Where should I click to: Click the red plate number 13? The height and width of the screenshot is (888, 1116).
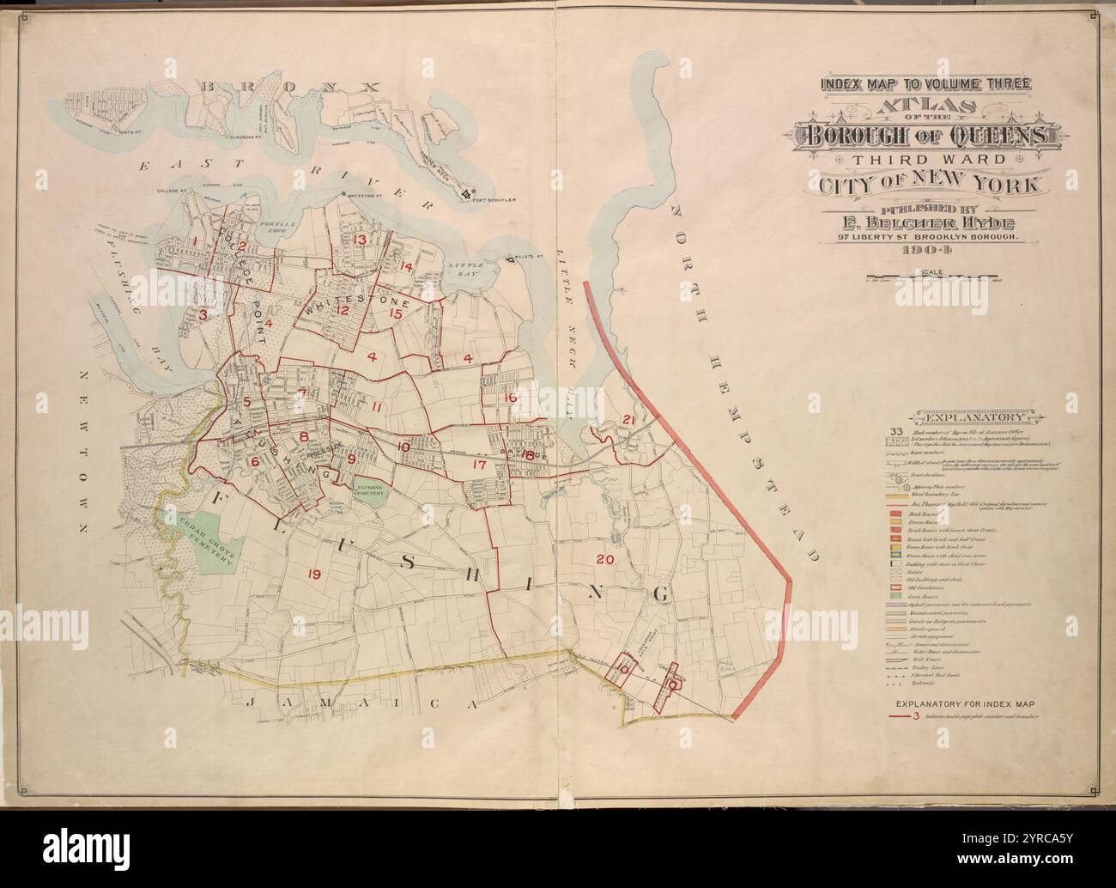(x=361, y=240)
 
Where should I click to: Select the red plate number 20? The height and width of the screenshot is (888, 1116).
(x=605, y=559)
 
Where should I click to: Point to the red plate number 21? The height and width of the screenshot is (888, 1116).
(x=628, y=420)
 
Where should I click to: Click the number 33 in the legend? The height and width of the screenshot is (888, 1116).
(x=895, y=431)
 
